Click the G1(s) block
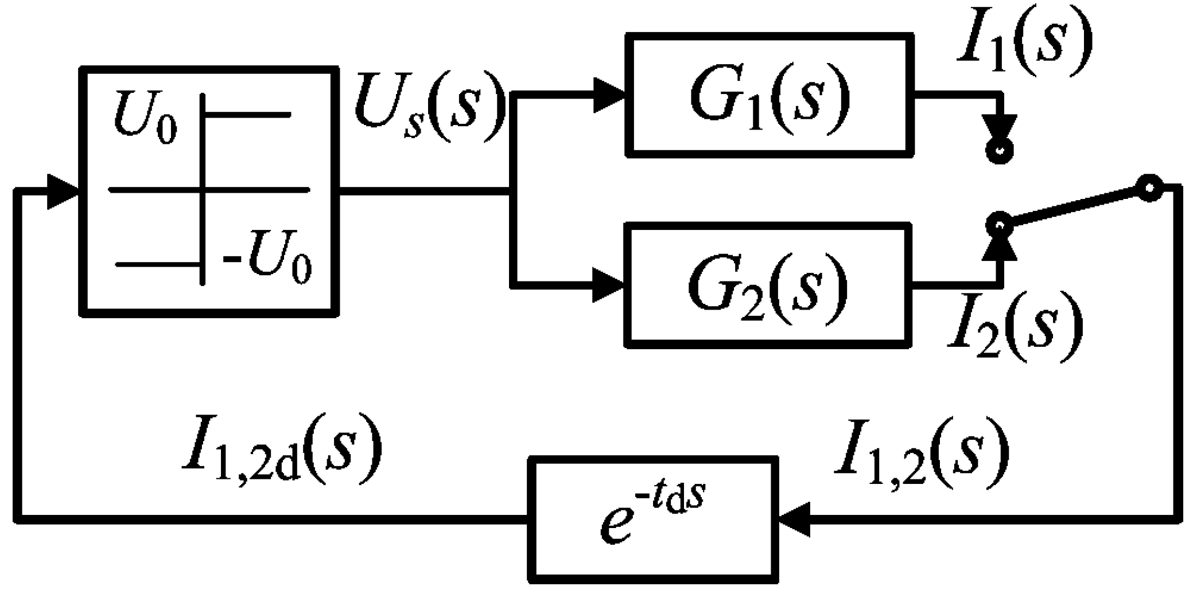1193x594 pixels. [x=769, y=95]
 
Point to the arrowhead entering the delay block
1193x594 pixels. [x=795, y=519]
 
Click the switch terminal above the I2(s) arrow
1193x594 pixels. [x=999, y=224]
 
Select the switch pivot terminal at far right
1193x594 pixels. [x=1149, y=189]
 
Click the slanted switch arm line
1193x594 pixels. [x=1073, y=207]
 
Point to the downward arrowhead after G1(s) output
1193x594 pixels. [x=1000, y=127]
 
